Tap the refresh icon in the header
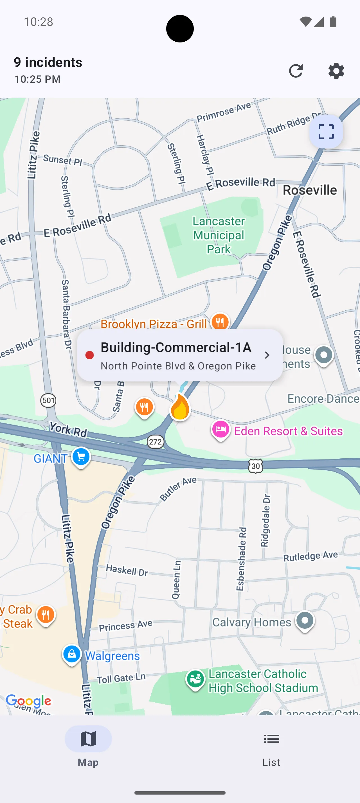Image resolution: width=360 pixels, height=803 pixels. (296, 71)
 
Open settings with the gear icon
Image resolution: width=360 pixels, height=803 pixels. (336, 71)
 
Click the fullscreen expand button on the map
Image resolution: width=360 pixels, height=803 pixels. (326, 131)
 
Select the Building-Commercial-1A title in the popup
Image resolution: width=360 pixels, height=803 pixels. (176, 347)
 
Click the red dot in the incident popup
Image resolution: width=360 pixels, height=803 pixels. (89, 355)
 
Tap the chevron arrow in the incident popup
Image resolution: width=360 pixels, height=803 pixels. (267, 355)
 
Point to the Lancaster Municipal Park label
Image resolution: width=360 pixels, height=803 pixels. (219, 235)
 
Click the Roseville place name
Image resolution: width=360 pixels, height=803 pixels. (309, 190)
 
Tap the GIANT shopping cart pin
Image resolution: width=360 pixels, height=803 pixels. (81, 457)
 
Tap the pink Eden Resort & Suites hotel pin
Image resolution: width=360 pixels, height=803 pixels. (221, 430)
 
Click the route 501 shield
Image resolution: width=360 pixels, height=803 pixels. (48, 400)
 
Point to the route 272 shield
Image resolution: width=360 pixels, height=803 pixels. (155, 442)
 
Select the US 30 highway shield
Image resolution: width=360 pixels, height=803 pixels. (256, 466)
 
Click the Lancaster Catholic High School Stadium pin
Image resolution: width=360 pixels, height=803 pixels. (195, 680)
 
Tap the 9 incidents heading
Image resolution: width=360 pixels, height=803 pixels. (48, 62)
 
